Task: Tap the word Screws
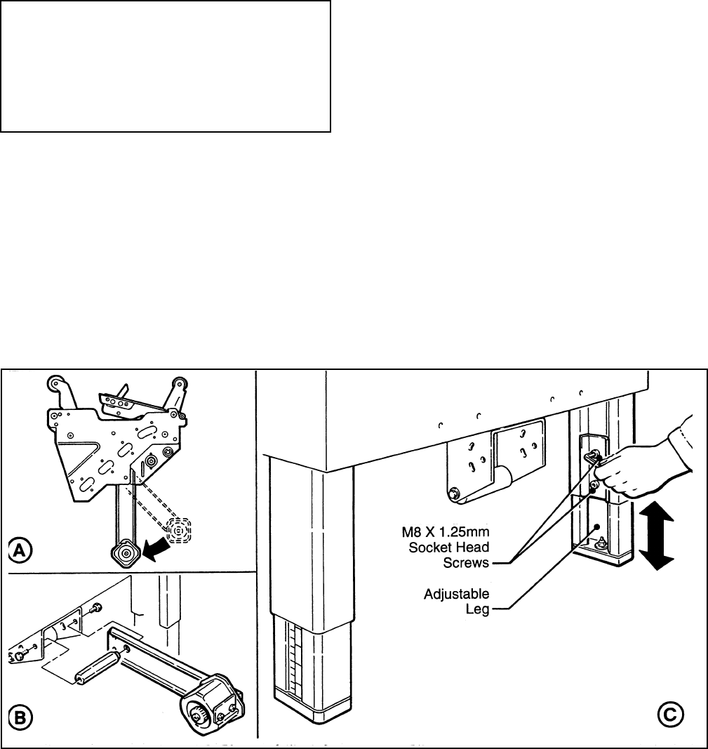click(x=465, y=562)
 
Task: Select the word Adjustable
click(x=457, y=595)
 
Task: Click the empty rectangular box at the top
click(x=166, y=66)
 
